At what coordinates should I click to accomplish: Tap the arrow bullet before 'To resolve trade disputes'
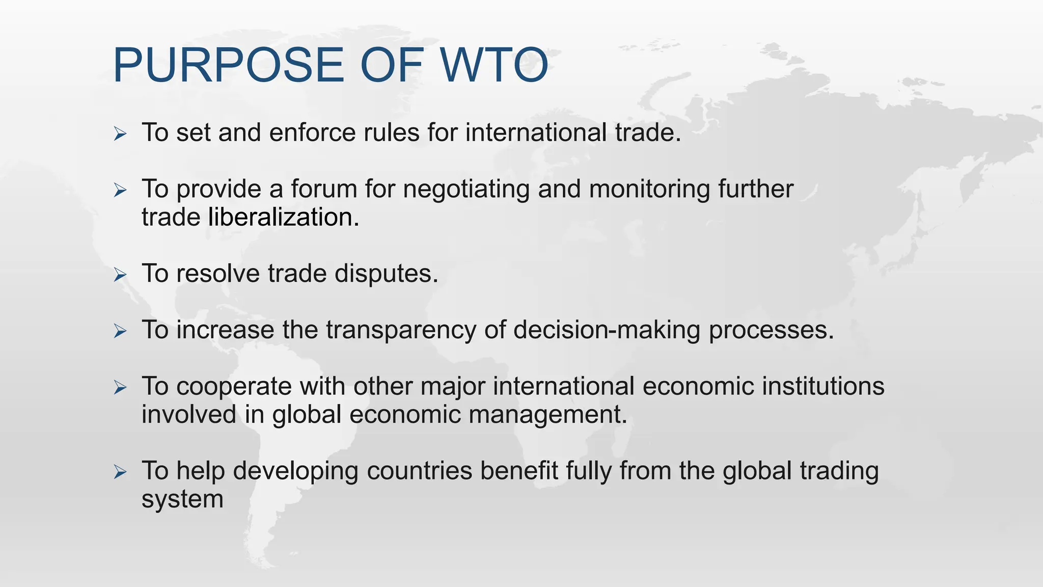click(x=120, y=275)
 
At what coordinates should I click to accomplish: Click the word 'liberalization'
click(x=284, y=217)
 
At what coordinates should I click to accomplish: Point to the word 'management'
click(x=547, y=414)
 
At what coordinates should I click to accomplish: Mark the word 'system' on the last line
click(x=182, y=499)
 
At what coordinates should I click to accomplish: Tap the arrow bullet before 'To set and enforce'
click(x=120, y=135)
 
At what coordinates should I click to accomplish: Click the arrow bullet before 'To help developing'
click(x=120, y=472)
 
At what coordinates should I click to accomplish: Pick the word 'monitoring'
click(x=649, y=190)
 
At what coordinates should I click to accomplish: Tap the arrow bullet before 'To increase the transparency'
click(x=120, y=332)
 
